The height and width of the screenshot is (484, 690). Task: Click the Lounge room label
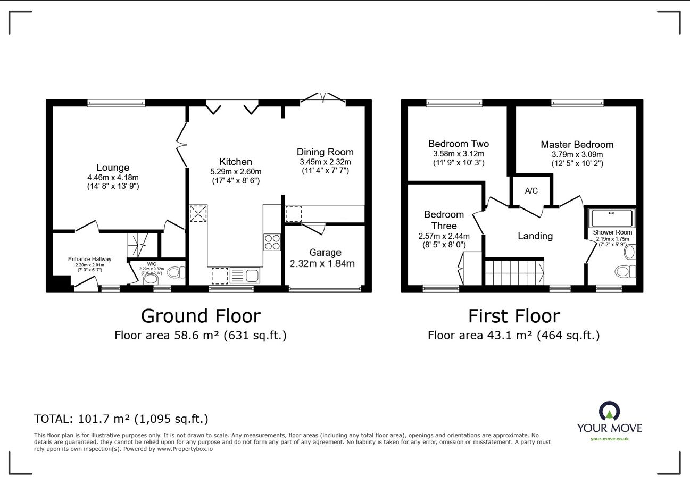pyautogui.click(x=113, y=168)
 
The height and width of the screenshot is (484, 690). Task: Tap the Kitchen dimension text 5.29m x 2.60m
pyautogui.click(x=236, y=171)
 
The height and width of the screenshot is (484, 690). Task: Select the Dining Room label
pyautogui.click(x=325, y=152)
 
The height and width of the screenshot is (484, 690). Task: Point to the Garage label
pyautogui.click(x=325, y=253)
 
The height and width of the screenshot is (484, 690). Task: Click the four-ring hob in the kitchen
pyautogui.click(x=272, y=242)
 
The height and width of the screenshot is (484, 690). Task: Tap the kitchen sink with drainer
pyautogui.click(x=245, y=276)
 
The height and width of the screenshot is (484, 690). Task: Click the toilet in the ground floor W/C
pyautogui.click(x=177, y=272)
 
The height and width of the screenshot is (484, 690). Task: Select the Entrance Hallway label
pyautogui.click(x=89, y=259)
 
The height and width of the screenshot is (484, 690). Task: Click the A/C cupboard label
pyautogui.click(x=531, y=191)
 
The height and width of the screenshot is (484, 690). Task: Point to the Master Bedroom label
pyautogui.click(x=577, y=145)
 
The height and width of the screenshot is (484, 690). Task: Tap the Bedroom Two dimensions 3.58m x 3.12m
pyautogui.click(x=459, y=154)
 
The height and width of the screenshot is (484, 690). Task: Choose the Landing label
pyautogui.click(x=535, y=236)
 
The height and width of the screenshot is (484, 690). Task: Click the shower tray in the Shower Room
pyautogui.click(x=611, y=218)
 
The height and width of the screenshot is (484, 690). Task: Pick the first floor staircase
pyautogui.click(x=514, y=273)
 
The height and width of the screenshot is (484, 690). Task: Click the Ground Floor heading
pyautogui.click(x=201, y=316)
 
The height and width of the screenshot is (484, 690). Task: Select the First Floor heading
pyautogui.click(x=514, y=316)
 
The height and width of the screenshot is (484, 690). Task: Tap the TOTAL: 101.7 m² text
pyautogui.click(x=82, y=419)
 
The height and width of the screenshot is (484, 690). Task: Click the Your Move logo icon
pyautogui.click(x=609, y=411)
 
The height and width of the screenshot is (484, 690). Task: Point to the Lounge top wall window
pyautogui.click(x=116, y=103)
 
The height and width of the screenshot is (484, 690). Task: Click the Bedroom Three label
pyautogui.click(x=444, y=220)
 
